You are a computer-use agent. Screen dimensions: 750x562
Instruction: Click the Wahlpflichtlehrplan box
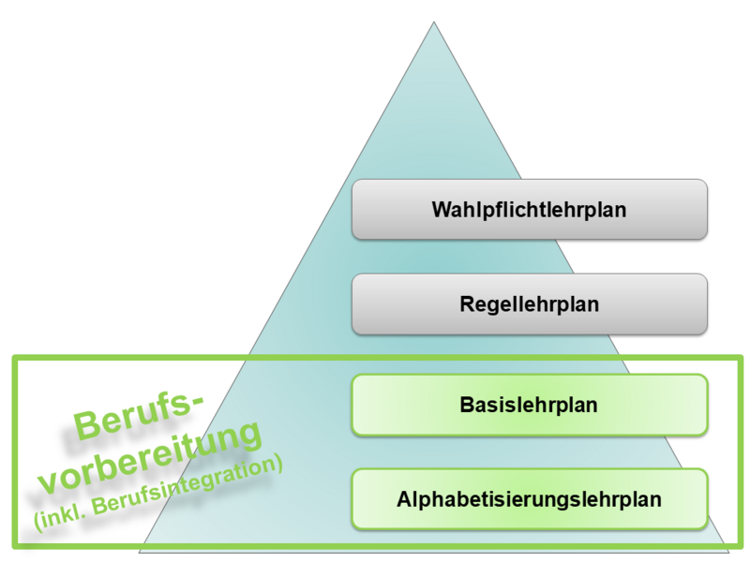coord(530,209)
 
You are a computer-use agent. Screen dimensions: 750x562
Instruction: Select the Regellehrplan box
coord(530,303)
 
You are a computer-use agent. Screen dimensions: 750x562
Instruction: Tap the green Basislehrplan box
coord(530,405)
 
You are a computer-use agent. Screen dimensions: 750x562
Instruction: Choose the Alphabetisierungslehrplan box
coord(530,499)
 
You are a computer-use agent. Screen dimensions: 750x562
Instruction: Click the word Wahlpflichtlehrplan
coord(529,210)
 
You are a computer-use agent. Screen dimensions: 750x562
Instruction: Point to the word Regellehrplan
coord(529,304)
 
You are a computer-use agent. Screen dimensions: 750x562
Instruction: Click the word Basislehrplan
coord(529,405)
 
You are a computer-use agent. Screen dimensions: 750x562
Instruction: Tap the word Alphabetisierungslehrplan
coord(529,499)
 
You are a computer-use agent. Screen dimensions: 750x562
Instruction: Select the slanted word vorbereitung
coord(150,458)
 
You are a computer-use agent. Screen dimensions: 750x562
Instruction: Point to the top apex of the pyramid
coord(434,22)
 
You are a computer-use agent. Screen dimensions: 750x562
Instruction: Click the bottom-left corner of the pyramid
coord(139,552)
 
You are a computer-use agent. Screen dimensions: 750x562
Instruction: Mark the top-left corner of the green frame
coord(14,357)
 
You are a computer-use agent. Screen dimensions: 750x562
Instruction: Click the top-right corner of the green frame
coord(741,357)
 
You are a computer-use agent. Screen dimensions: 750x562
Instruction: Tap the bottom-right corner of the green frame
coord(741,546)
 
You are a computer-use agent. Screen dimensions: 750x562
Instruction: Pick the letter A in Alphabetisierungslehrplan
coord(405,499)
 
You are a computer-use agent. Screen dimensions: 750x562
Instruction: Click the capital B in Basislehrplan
coord(467,405)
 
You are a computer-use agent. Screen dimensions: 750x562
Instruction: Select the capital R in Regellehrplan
coord(467,303)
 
